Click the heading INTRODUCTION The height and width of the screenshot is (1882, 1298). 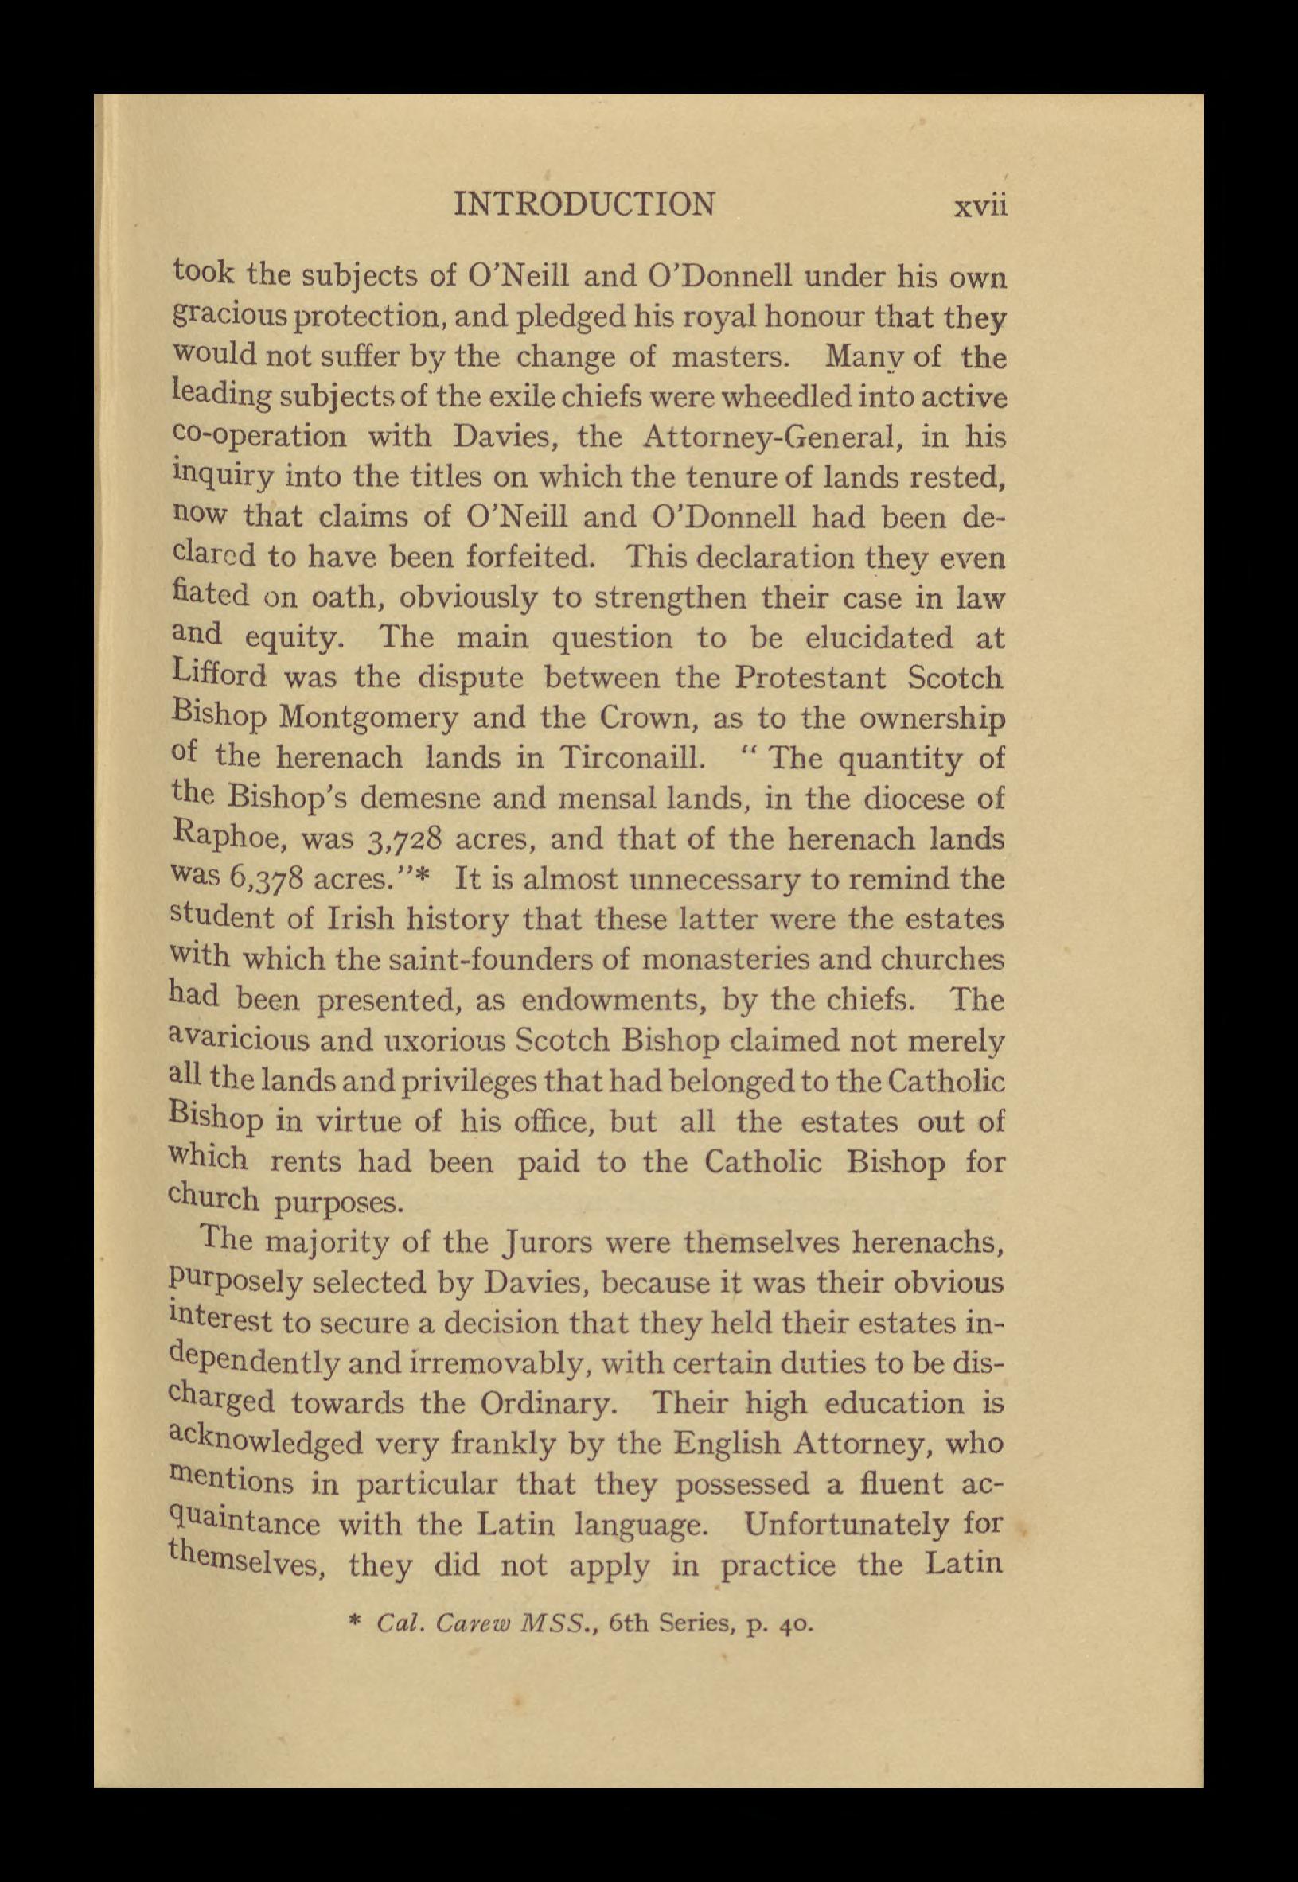pyautogui.click(x=585, y=204)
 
